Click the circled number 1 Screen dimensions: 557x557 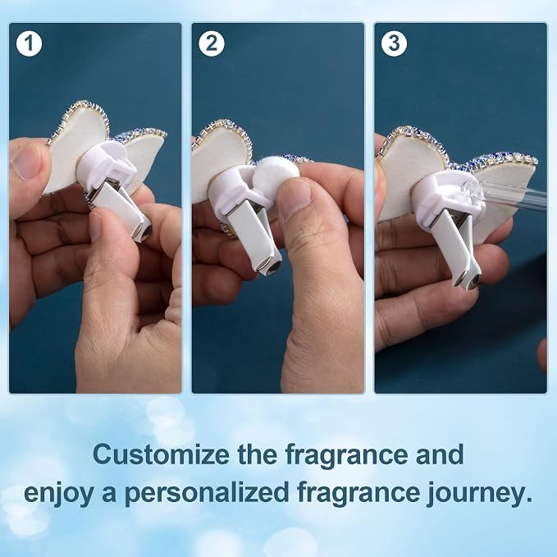click(30, 43)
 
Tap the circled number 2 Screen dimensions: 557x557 click(212, 43)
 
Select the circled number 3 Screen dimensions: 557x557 click(394, 43)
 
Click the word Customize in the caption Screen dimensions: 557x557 click(161, 454)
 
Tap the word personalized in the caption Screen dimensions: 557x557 click(207, 494)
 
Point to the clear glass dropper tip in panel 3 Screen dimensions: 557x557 click(472, 193)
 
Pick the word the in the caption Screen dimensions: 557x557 click(258, 454)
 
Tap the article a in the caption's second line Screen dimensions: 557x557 click(109, 495)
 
